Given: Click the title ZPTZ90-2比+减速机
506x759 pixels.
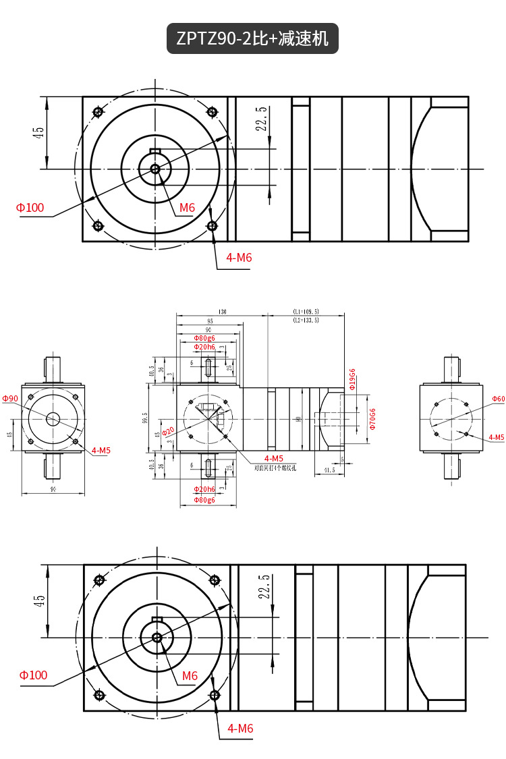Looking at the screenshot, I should [252, 38].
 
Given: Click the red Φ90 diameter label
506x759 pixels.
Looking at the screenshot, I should [10, 399].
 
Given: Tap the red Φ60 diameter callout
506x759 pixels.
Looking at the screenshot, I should [499, 399].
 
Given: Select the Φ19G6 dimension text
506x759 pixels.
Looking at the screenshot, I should [352, 379].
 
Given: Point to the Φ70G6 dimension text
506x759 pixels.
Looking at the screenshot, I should [372, 420].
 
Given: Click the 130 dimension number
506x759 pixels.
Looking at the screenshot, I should [222, 312].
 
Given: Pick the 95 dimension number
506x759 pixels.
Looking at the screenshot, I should [210, 321].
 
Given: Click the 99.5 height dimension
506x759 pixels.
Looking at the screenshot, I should [144, 419].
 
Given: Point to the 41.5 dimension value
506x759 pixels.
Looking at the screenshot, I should [329, 470].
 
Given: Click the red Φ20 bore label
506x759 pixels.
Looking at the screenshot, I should [169, 431].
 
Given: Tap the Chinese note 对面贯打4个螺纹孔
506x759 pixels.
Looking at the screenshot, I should [276, 467].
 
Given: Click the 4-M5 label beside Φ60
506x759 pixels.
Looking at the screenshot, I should [497, 437].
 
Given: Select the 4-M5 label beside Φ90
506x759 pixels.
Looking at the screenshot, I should [101, 450].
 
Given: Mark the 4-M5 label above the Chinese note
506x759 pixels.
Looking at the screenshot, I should [274, 459].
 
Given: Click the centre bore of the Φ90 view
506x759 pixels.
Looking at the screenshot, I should [53, 419].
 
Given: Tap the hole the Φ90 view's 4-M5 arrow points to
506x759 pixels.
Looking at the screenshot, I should [75, 441].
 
